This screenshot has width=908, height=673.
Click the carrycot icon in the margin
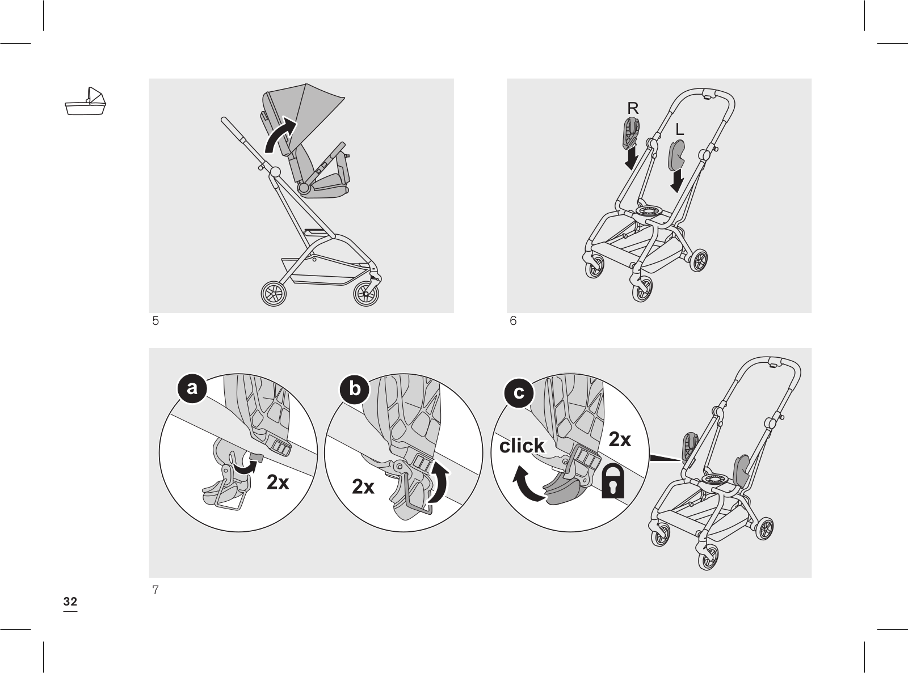coord(86,102)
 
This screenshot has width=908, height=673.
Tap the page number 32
coord(70,602)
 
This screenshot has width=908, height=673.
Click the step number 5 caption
coord(155,321)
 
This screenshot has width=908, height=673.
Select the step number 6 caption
coord(513,321)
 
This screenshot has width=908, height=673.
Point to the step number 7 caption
coord(155,590)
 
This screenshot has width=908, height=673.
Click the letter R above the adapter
coord(633,108)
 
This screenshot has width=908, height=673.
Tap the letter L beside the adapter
coord(679,130)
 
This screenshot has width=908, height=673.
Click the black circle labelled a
coord(192,388)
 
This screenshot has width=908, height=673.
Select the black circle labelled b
coord(355,389)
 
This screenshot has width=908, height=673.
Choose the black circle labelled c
coord(519,392)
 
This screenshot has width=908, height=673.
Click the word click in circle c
coord(522,446)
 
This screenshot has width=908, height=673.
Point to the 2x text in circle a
coord(278,482)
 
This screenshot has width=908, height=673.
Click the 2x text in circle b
coord(363,486)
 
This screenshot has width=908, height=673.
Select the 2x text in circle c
coord(620,439)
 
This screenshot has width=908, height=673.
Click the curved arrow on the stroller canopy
coord(280,136)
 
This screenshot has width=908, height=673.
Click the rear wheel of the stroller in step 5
coord(366,293)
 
